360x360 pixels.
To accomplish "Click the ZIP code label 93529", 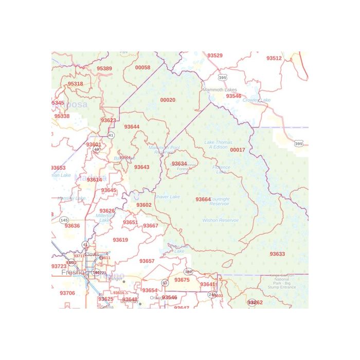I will (x=215, y=56).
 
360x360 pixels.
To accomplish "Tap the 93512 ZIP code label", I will (x=274, y=58).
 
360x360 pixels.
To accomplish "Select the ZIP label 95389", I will (x=104, y=68).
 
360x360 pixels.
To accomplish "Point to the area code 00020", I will (x=168, y=100).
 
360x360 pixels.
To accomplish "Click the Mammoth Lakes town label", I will (x=220, y=89).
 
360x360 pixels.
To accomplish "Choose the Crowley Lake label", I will (x=257, y=100).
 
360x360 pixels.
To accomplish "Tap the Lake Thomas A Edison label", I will (x=218, y=145).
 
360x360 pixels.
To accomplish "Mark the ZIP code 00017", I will (x=238, y=150).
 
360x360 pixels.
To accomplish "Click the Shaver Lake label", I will (x=167, y=197).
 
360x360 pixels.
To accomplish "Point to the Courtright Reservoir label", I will (x=220, y=202).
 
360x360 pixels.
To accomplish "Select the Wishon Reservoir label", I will (x=221, y=220).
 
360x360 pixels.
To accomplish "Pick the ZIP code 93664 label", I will (x=203, y=199).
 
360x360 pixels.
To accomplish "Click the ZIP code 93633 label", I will (x=277, y=254).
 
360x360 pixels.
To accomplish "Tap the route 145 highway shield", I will (x=64, y=220).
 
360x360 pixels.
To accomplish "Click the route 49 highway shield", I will (x=96, y=149).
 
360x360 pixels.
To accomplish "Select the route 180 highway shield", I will (x=188, y=272).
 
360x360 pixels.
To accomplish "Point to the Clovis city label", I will (x=92, y=254).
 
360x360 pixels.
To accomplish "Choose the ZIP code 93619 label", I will (x=120, y=240).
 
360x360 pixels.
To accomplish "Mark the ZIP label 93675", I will (x=182, y=280).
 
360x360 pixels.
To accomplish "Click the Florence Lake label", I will (x=221, y=169).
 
